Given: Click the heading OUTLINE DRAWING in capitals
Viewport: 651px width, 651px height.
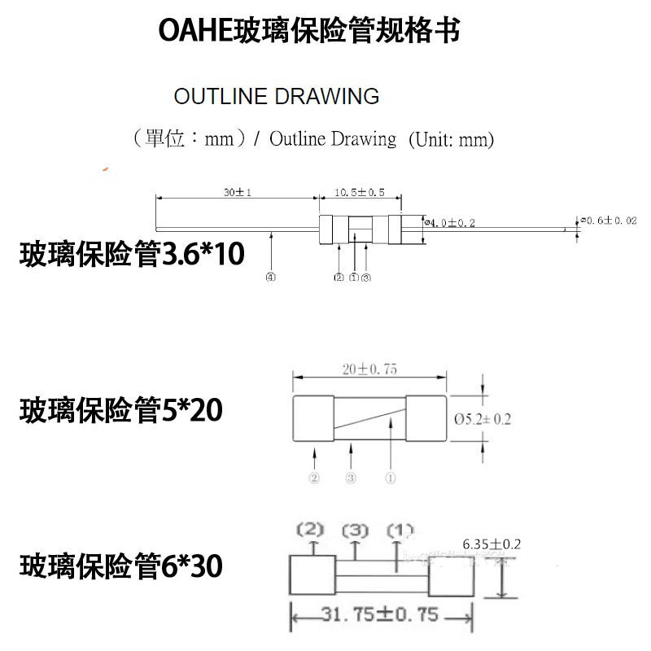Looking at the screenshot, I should coord(277,96).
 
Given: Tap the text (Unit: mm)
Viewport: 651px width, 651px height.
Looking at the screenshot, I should coord(450,139).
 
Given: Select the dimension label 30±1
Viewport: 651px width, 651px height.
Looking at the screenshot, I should coord(235,193).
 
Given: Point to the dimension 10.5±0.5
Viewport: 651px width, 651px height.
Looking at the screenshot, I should coord(359,193).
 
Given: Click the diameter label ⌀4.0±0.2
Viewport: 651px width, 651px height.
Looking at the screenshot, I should coord(450,221).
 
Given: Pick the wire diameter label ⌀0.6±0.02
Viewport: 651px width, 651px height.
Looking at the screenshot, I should coord(608,220).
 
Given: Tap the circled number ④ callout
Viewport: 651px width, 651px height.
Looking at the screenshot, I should coord(269,277).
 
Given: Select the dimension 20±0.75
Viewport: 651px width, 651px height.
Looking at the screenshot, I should coord(369,369).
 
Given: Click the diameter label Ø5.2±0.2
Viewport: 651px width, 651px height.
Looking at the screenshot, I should coord(483,419).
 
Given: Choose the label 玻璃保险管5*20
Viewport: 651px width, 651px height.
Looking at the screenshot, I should coord(120,411).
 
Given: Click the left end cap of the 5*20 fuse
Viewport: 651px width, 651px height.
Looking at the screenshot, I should coord(313,419).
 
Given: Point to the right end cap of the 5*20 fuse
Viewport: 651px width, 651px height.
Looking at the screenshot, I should coord(426,419).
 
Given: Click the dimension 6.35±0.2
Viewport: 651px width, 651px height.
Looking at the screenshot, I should coord(491,544).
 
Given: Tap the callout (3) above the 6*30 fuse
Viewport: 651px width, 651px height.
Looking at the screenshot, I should coord(355,531).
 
